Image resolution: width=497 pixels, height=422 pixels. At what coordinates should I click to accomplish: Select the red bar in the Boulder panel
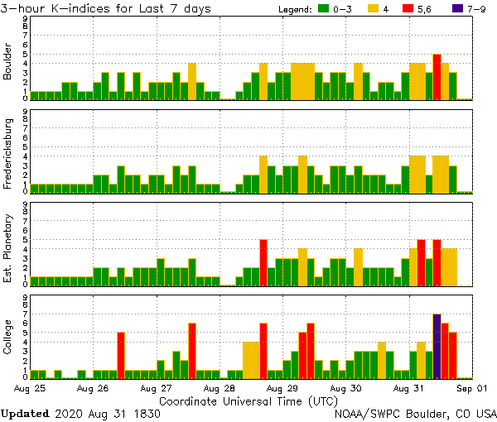pos(437,77)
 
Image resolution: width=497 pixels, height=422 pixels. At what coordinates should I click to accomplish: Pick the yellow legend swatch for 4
pos(371,9)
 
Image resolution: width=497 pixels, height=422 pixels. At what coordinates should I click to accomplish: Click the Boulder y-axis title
pos(9,63)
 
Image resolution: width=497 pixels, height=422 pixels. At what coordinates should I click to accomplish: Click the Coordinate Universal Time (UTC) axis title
pos(248,400)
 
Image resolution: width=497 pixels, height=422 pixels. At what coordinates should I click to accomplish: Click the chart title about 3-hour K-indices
pos(105,8)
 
